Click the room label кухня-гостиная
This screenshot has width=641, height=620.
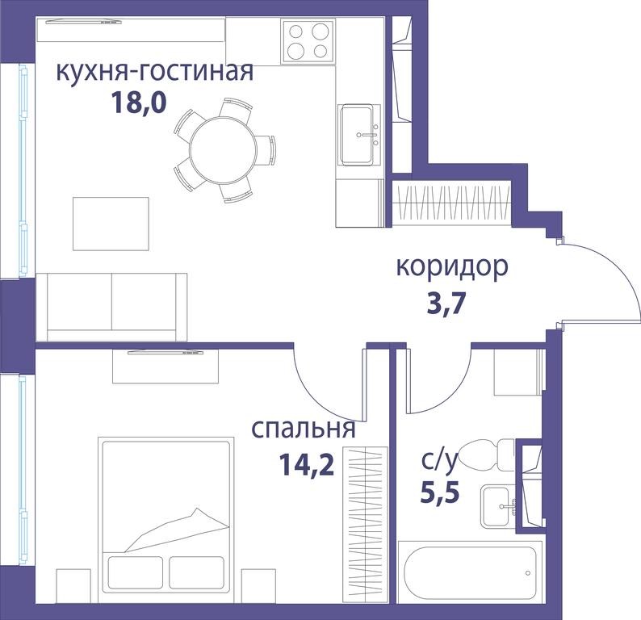tap(154, 72)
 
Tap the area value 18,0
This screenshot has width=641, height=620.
tap(139, 103)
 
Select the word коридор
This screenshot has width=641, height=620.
tap(453, 268)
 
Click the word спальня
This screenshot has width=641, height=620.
tap(304, 429)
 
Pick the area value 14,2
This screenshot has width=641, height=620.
tap(307, 465)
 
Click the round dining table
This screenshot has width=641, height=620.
tap(223, 150)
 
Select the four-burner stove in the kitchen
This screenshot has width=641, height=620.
tap(308, 41)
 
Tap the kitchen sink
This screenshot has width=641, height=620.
tap(359, 135)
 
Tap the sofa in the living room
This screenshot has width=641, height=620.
tap(111, 307)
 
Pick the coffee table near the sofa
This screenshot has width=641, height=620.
tap(111, 224)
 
